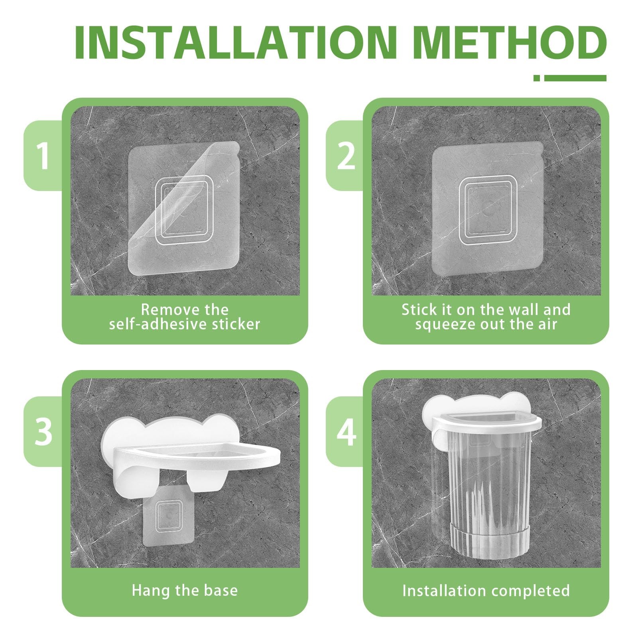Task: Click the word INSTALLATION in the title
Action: click(236, 42)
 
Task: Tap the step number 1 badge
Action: click(43, 156)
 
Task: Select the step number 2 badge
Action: click(346, 156)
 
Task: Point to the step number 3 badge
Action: click(43, 431)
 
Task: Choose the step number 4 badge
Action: click(346, 431)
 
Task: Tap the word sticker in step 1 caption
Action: click(236, 324)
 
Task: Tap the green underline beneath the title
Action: click(570, 78)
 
